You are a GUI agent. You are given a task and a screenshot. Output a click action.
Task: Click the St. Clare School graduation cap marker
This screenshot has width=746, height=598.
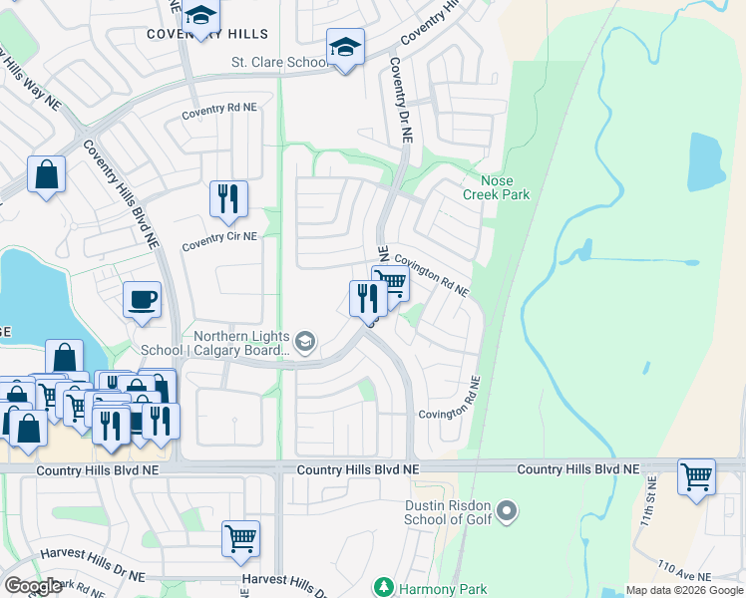tap(345, 47)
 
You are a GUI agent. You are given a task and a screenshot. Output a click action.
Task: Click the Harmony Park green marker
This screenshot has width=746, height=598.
tap(383, 588)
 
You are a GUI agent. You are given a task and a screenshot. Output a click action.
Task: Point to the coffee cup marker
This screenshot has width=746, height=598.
tap(142, 298)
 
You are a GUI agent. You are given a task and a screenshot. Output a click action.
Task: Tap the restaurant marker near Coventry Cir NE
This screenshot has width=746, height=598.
tap(228, 198)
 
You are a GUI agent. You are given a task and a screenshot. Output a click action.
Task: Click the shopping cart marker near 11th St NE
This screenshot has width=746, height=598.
tap(696, 475)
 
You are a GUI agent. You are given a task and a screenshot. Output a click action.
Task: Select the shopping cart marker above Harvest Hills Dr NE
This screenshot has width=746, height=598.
tap(240, 538)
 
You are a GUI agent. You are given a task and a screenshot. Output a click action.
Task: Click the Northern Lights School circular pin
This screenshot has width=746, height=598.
tap(306, 343)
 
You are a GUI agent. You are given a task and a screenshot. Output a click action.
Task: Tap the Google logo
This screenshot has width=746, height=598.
tap(33, 586)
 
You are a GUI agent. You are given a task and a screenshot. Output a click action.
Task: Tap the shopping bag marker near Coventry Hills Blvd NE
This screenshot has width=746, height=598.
tap(46, 176)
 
